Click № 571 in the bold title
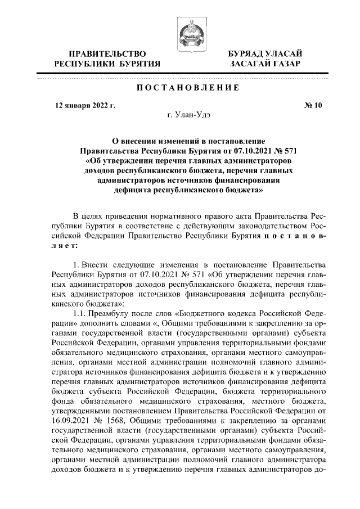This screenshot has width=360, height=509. (285, 150)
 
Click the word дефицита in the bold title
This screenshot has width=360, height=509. (131, 191)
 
